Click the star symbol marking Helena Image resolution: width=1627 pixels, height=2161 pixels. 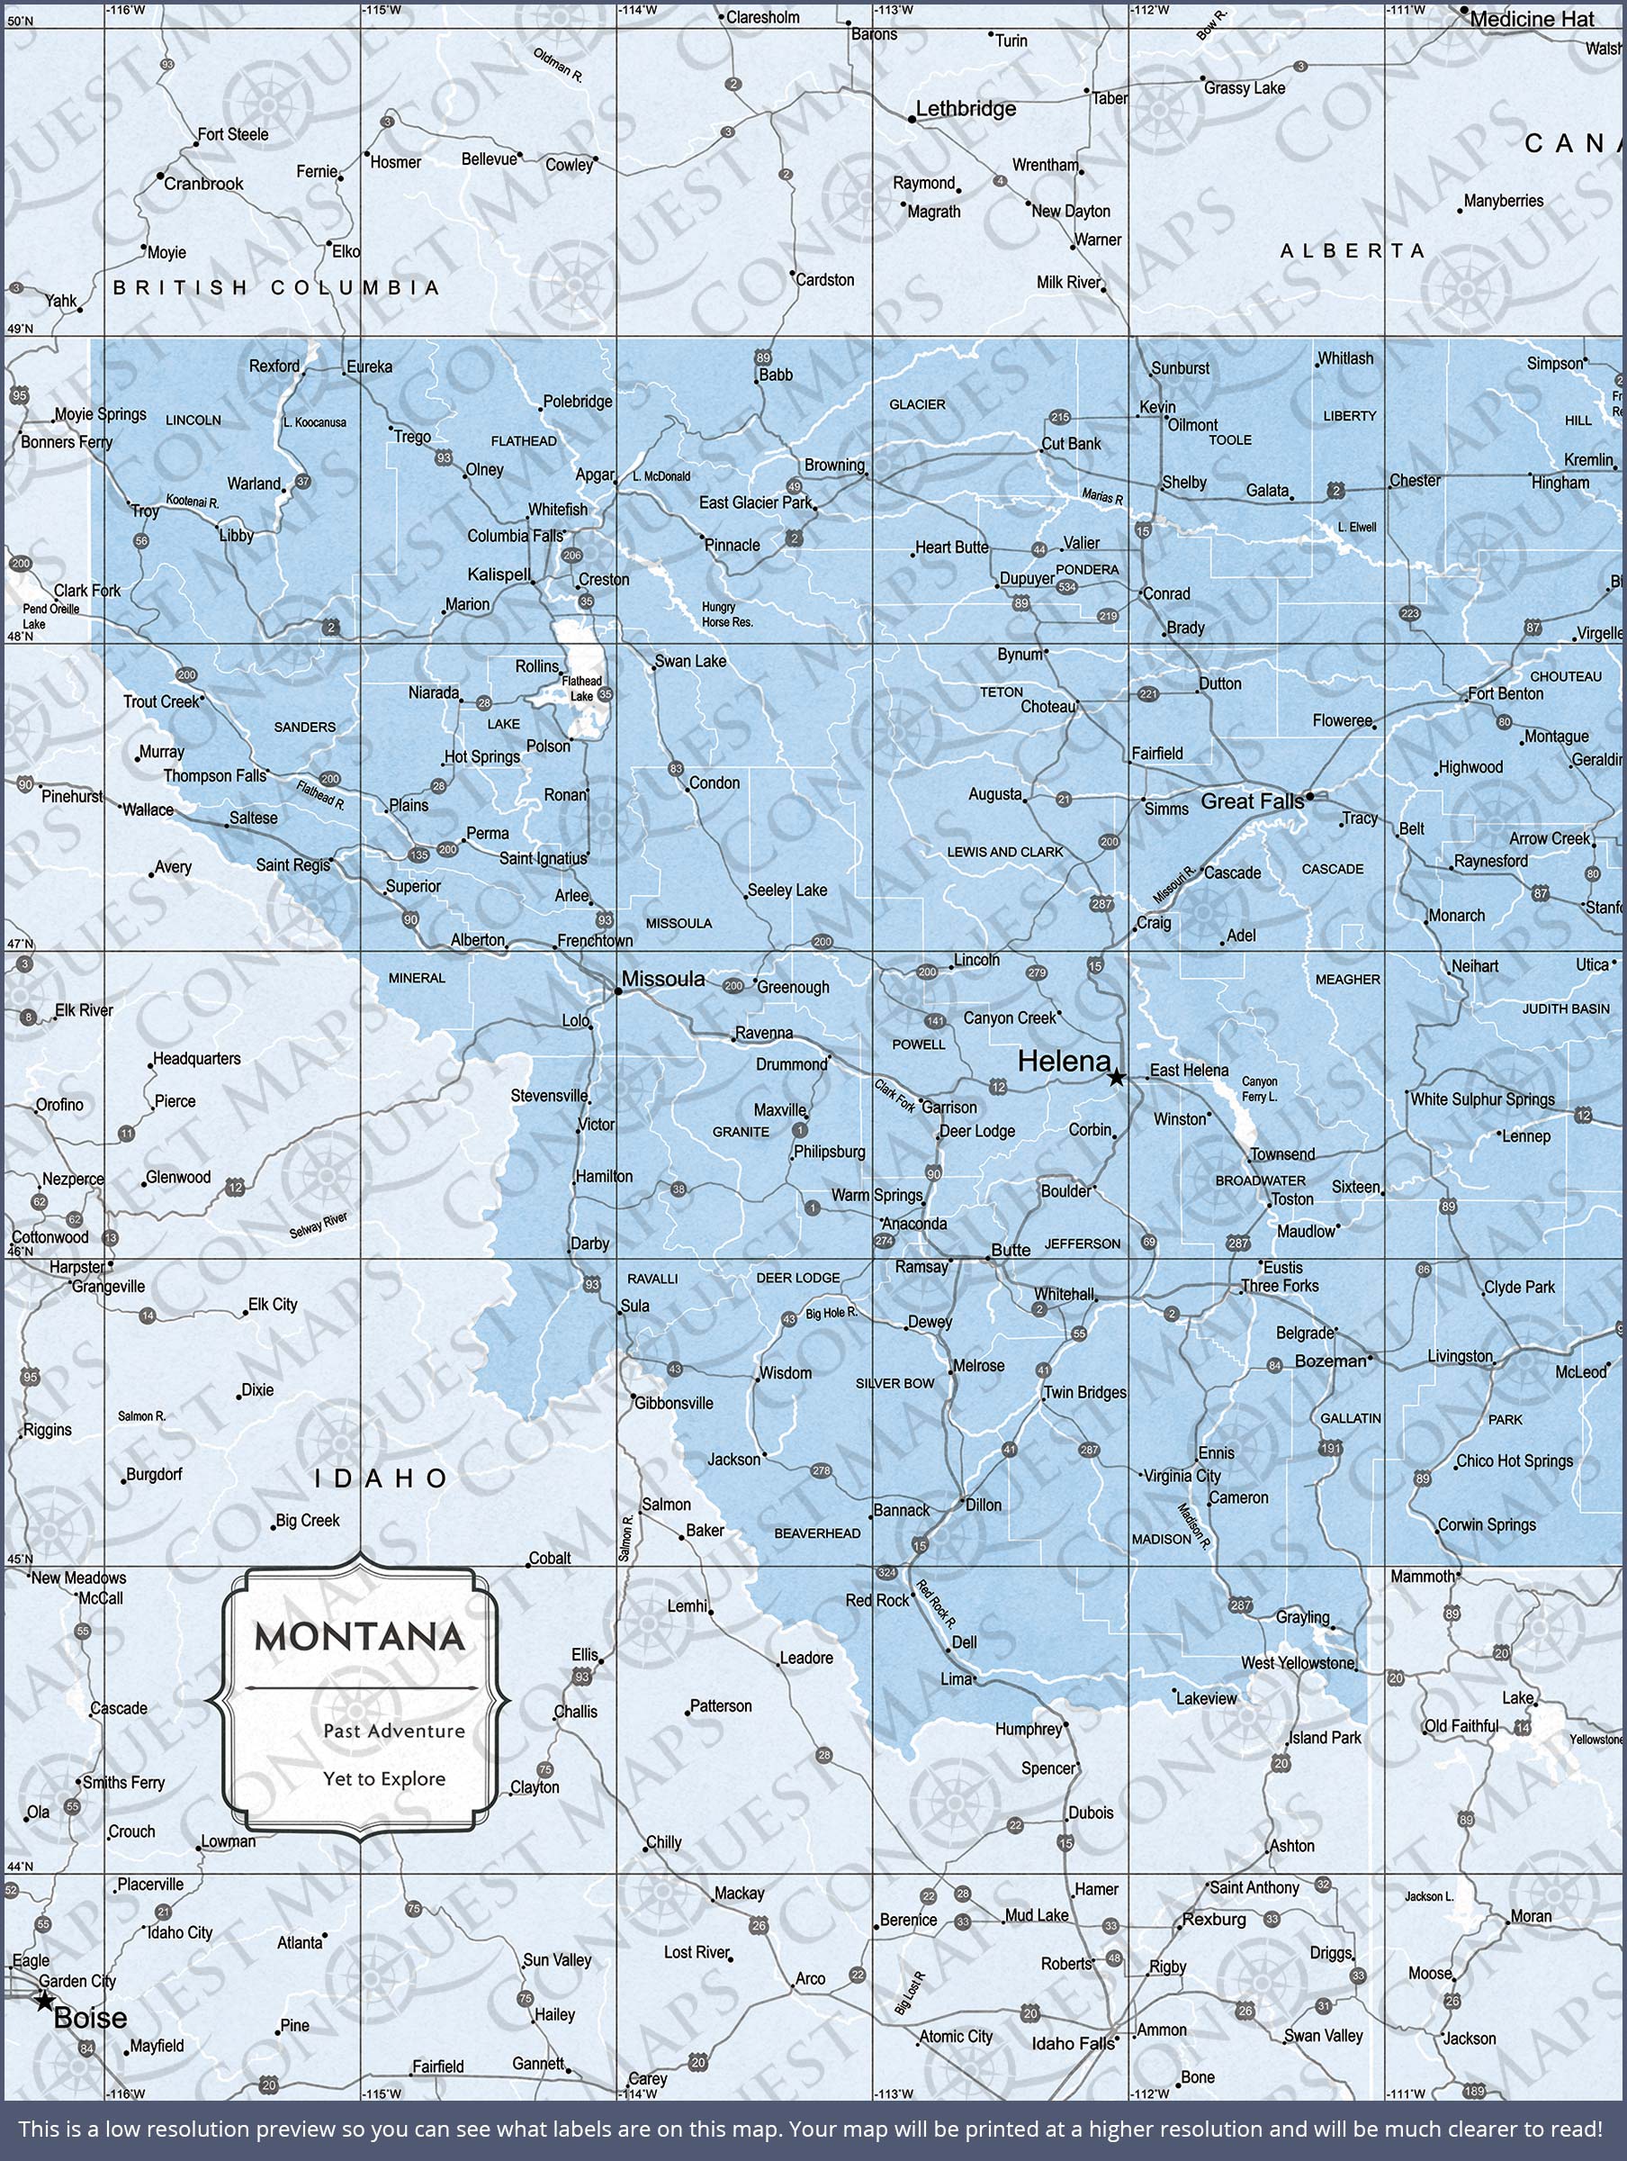(1115, 1078)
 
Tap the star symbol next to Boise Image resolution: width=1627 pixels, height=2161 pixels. (45, 2002)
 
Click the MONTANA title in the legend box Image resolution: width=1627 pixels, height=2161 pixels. (359, 1637)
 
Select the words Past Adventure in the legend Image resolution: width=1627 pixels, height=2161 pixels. (394, 1732)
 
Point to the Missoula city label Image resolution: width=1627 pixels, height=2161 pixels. (663, 979)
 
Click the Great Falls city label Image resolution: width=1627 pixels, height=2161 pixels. (1252, 802)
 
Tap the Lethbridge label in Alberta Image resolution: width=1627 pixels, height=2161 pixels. (966, 110)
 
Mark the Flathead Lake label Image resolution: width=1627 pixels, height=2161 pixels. (582, 689)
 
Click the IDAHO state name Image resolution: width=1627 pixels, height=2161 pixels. (381, 1479)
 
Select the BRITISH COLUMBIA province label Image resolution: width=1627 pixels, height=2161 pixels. (276, 287)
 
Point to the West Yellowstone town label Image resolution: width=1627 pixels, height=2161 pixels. (1298, 1663)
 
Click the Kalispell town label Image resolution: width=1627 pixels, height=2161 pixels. (498, 574)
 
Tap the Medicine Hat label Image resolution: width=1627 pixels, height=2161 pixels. (1532, 20)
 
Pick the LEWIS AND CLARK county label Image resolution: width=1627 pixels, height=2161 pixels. (1005, 852)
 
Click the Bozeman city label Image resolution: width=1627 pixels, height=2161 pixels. (1330, 1361)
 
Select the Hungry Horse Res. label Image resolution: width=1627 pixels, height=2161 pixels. (726, 614)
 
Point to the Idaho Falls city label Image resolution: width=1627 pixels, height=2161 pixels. (1073, 2044)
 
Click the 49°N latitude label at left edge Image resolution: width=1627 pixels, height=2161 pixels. (20, 329)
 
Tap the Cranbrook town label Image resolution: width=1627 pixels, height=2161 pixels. (203, 184)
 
